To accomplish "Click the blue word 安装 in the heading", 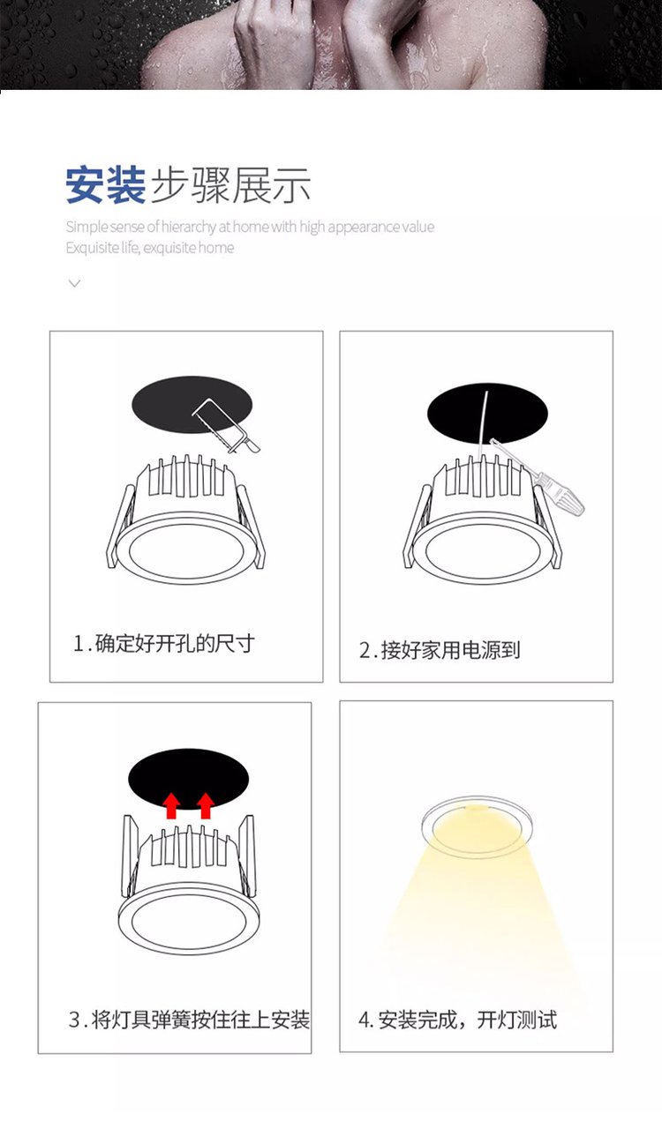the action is point(106,185).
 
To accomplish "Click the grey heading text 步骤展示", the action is point(231,185).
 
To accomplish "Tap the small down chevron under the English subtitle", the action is point(75,283).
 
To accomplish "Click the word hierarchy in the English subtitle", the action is point(188,227).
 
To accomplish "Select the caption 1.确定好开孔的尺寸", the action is point(163,643).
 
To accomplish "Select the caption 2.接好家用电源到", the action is point(440,650).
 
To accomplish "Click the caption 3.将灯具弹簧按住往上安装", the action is point(189,1020).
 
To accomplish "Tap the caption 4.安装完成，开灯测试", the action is point(457,1020).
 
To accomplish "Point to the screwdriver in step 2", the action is point(538,476).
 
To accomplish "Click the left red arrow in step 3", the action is point(171,805).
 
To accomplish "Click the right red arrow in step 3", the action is point(205,805).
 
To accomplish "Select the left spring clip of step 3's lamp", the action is point(129,856).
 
